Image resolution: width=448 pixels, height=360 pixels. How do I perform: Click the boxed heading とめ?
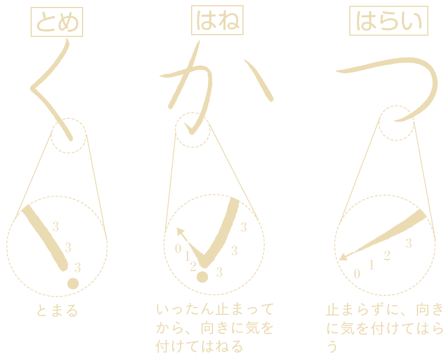(x=57, y=22)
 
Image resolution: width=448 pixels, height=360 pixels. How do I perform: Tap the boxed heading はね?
(x=217, y=20)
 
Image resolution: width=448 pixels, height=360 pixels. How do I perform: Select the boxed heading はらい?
(x=389, y=21)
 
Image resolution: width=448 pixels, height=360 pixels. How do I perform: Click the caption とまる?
(x=57, y=310)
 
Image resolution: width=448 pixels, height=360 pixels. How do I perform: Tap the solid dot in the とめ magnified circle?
(x=73, y=283)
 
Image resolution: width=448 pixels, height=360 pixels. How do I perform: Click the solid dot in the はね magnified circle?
(x=202, y=277)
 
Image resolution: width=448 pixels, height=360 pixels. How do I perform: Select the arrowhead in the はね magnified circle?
(x=180, y=231)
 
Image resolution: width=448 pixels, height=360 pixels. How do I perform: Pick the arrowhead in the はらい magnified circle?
(x=343, y=257)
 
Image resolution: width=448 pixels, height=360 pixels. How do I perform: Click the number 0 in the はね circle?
(x=178, y=249)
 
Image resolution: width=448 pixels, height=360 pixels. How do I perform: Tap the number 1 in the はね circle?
(x=187, y=256)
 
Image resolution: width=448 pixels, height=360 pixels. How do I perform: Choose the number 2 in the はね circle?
(x=193, y=267)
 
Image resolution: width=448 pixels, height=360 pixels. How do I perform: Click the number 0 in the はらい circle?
(x=357, y=274)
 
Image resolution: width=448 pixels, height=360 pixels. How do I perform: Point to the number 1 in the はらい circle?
(x=371, y=265)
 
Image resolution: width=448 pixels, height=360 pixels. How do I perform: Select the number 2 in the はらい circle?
(x=387, y=255)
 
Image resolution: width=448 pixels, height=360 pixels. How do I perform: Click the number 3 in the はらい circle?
(x=409, y=243)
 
